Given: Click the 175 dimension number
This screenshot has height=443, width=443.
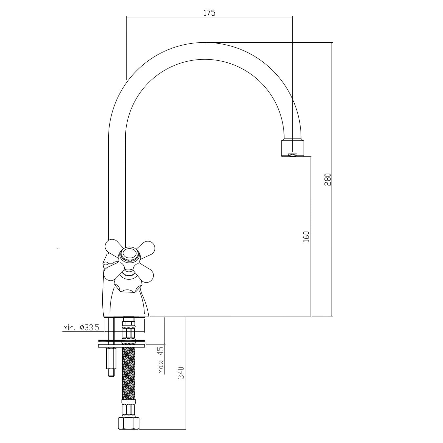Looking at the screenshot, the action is point(209,13).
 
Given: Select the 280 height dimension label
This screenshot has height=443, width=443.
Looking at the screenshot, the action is point(327,179).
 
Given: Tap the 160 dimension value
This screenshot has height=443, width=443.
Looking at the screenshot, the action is point(306,236).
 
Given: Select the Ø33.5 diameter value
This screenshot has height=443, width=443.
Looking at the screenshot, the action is point(90,327).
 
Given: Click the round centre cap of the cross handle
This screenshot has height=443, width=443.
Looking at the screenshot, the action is point(129,255).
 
